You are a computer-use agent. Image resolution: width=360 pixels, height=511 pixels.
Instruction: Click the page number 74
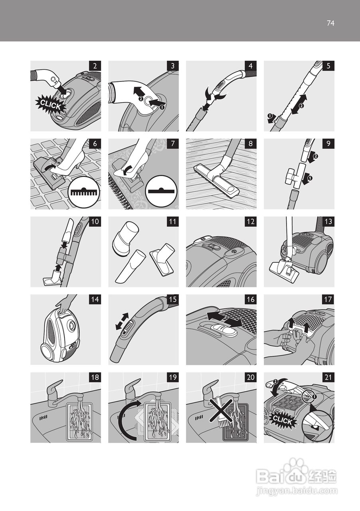pyautogui.click(x=330, y=23)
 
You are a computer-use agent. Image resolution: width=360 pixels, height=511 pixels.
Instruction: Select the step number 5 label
pyautogui.click(x=328, y=66)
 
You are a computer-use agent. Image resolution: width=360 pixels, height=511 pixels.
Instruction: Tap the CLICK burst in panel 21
pyautogui.click(x=283, y=420)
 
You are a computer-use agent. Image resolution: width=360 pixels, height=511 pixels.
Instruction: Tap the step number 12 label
pyautogui.click(x=250, y=222)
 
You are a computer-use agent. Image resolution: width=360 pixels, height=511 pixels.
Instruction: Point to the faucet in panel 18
pyautogui.click(x=58, y=393)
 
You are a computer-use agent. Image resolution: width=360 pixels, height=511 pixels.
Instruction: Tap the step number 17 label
pyautogui.click(x=328, y=299)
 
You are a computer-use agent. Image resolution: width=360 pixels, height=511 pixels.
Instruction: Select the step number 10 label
pyautogui.click(x=95, y=222)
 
